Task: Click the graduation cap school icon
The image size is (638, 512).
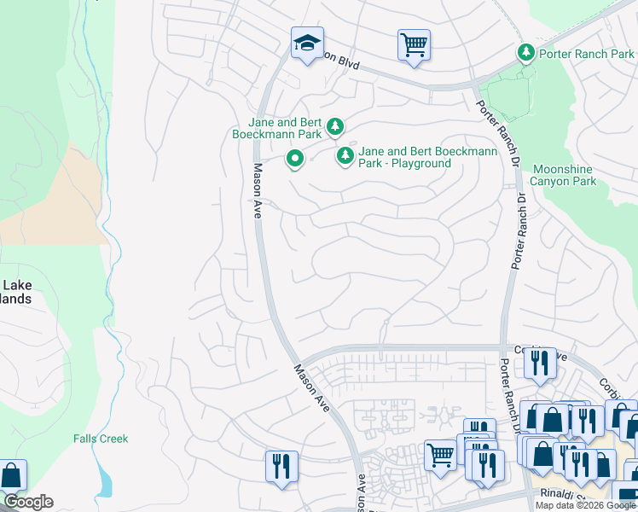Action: point(307,44)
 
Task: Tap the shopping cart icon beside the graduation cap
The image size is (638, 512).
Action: point(414,44)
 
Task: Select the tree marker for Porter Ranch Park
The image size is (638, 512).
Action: point(526,53)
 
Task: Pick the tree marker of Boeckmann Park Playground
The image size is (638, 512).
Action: point(345,155)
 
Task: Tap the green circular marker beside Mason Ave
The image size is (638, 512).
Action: point(294,158)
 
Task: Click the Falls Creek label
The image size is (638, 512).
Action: point(100,439)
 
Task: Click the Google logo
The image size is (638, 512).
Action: point(28,502)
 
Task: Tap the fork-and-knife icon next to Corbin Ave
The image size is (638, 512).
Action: point(539,363)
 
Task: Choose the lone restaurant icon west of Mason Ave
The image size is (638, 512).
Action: point(281,466)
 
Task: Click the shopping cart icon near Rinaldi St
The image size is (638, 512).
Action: point(440,454)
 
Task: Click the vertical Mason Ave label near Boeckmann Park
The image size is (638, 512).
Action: point(256,191)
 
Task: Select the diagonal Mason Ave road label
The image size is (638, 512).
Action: point(312,384)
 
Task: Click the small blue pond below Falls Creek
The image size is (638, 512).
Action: point(103,481)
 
